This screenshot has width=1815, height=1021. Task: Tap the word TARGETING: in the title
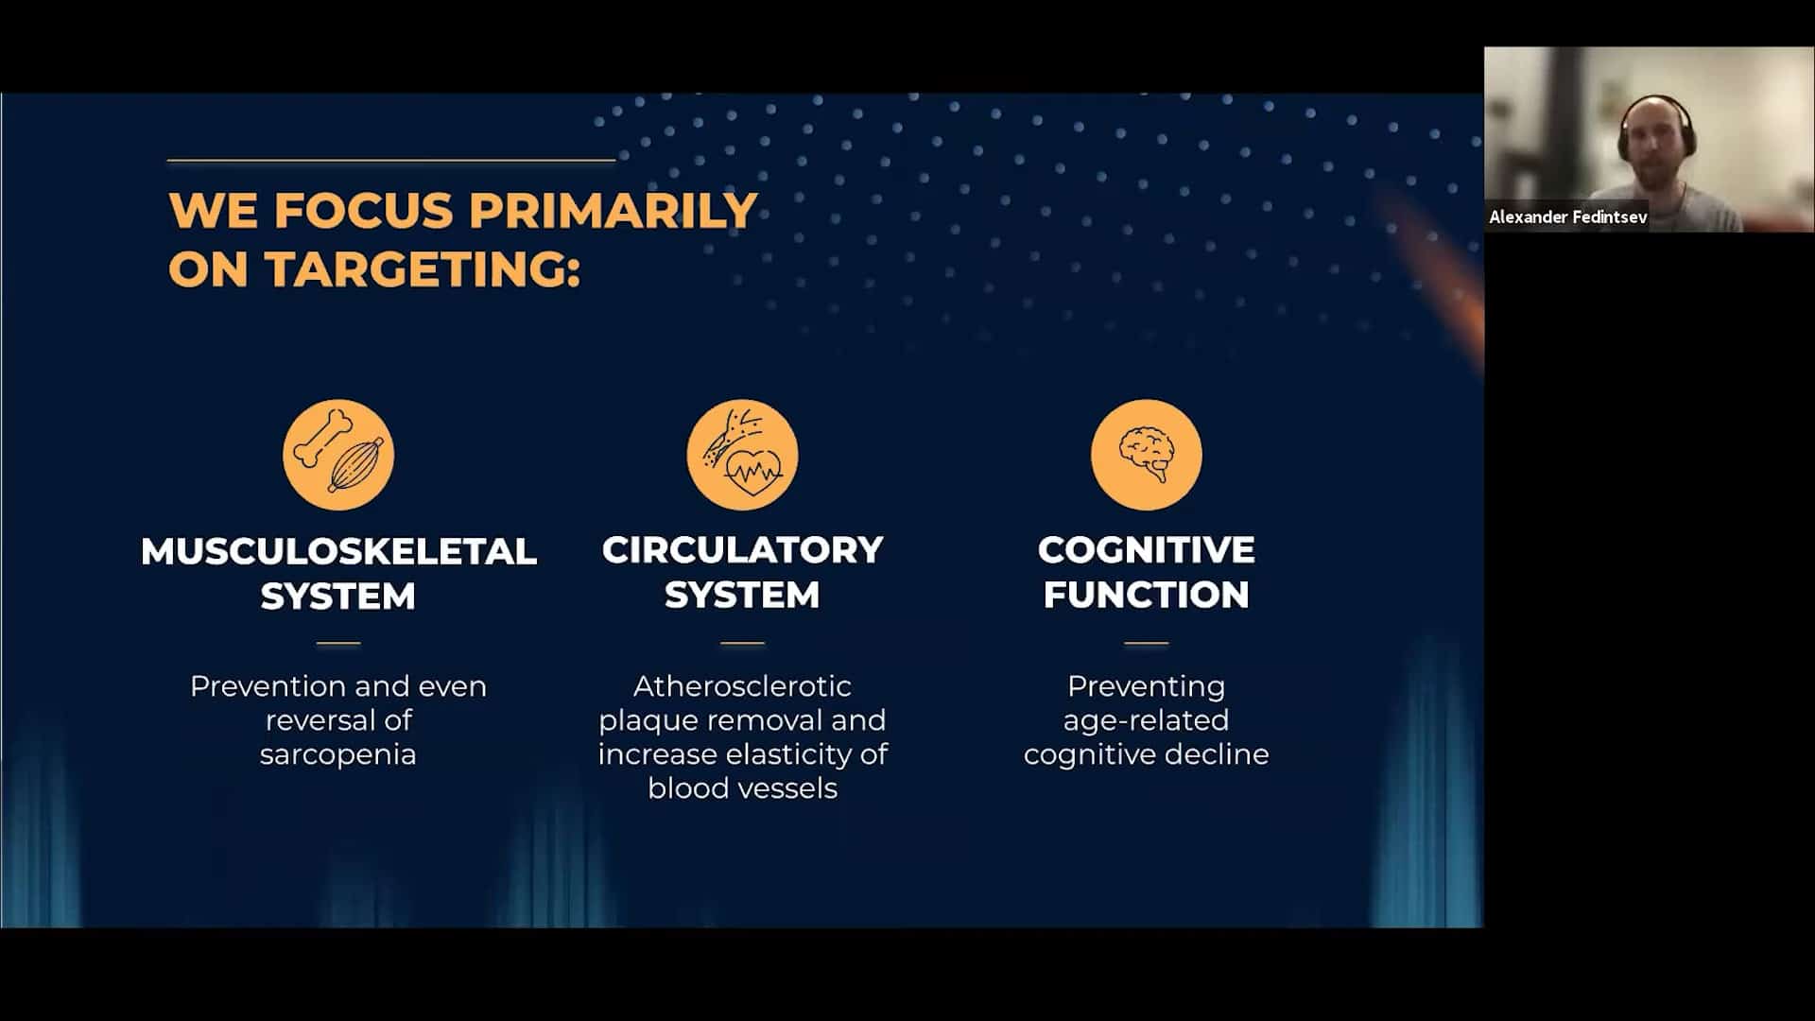coord(423,269)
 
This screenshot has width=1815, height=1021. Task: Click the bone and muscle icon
coord(338,455)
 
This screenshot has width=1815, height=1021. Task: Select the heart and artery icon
coord(742,455)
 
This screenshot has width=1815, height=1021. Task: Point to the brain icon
coord(1147,455)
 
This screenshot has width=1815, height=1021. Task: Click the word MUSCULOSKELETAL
coord(338,551)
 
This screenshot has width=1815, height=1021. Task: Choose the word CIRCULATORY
coord(742,550)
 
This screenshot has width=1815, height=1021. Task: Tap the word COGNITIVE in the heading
coord(1147,550)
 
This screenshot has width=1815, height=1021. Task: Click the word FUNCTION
coord(1147,596)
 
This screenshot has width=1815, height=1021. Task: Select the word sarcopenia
coord(338,755)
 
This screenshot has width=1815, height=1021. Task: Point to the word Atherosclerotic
coord(742,685)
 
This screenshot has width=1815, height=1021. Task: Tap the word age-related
coord(1147,720)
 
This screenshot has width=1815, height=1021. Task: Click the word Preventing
coord(1147,687)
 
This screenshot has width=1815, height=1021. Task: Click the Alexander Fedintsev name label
coord(1568,217)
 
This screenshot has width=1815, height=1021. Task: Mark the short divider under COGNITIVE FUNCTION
coord(1147,643)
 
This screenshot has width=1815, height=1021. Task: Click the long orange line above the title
coord(391,161)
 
